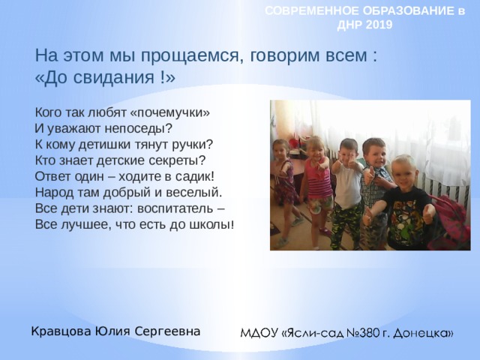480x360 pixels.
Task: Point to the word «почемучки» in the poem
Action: (x=169, y=112)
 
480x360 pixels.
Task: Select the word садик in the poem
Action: (x=196, y=176)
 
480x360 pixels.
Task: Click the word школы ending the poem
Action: (x=215, y=224)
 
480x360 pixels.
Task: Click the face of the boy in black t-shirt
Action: (x=403, y=174)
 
